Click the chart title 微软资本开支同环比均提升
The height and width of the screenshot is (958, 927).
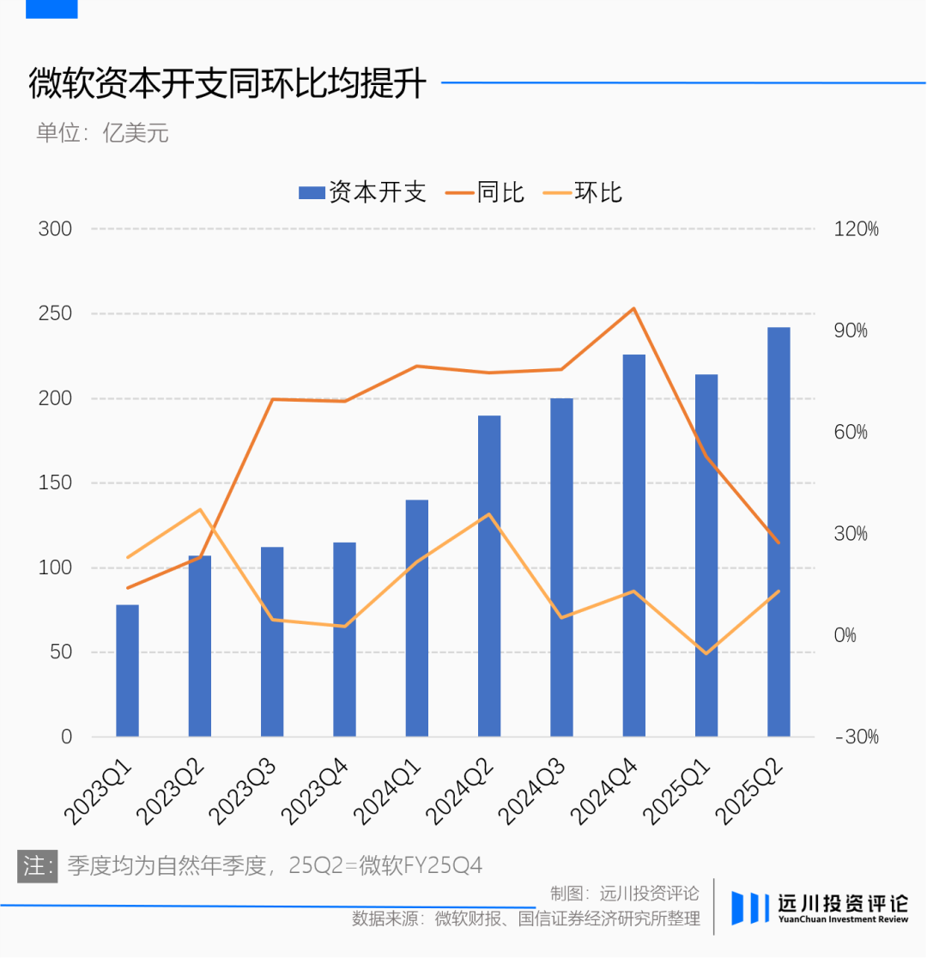coord(227,84)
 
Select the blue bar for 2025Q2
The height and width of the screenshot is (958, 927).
coord(779,532)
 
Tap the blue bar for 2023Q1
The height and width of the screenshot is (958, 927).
coord(127,670)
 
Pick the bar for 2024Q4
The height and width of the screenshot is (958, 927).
coord(634,545)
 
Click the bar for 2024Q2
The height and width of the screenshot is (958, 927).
coord(489,576)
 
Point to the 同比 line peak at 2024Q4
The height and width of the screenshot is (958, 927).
coord(633,308)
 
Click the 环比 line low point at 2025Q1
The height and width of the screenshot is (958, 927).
coord(706,654)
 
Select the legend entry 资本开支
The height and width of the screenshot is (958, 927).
coord(362,192)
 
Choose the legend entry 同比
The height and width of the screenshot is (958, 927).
coord(485,192)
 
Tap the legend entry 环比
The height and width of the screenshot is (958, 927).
coord(583,192)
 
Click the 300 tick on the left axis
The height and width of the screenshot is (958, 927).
coord(55,229)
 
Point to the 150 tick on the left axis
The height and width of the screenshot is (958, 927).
coord(55,483)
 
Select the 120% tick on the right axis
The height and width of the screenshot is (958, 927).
coord(856,229)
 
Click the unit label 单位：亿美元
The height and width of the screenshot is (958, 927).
coord(102,134)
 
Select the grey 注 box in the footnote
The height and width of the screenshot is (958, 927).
coord(37,864)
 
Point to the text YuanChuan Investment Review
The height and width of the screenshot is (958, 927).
coord(843,919)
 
